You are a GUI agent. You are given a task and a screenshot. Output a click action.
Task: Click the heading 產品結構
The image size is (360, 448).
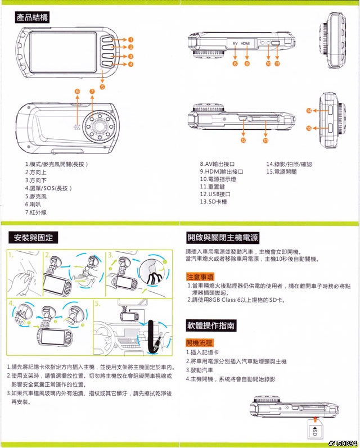tap(33, 18)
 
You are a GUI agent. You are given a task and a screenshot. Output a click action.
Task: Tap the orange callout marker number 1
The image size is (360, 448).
tap(130, 40)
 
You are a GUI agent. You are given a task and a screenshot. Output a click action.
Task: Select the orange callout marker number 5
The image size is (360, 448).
tap(102, 87)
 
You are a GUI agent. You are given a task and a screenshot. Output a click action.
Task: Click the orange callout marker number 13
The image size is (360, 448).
tap(265, 140)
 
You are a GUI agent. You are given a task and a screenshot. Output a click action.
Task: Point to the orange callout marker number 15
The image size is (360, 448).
tap(309, 129)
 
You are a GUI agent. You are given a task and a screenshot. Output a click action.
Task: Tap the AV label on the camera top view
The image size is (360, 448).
tap(235, 43)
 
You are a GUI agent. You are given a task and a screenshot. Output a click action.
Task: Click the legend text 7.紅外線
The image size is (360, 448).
tap(35, 212)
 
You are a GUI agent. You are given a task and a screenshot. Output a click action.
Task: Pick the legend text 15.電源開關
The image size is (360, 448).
tap(281, 171)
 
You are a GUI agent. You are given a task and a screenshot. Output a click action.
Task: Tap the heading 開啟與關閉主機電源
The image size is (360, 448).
tap(223, 238)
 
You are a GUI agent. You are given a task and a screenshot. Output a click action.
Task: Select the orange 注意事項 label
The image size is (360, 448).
tap(200, 277)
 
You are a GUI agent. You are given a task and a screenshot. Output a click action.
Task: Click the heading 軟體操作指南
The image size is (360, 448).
tap(211, 325)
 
